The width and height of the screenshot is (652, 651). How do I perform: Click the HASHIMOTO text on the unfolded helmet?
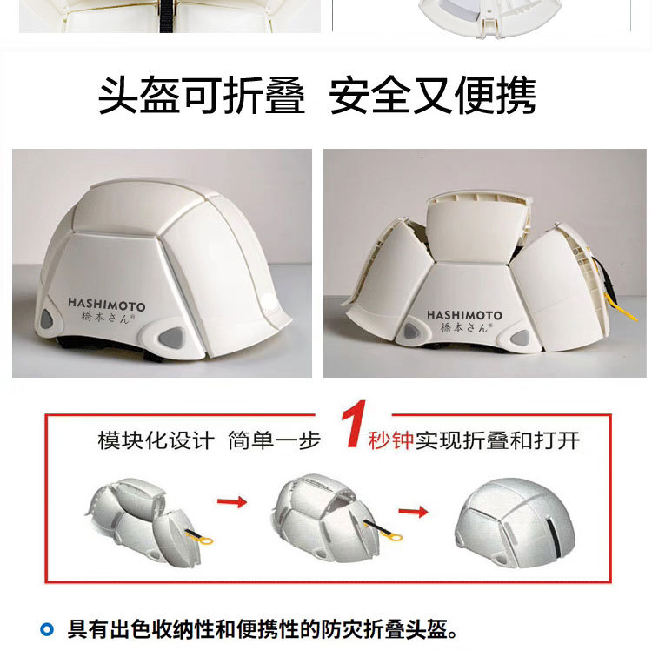coord(107,306)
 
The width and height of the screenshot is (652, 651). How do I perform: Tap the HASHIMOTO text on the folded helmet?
coord(464,314)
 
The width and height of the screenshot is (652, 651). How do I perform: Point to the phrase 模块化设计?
coord(155,440)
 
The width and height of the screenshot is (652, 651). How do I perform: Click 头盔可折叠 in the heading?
coord(202,96)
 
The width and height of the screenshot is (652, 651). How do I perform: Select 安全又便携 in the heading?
coord(432,96)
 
